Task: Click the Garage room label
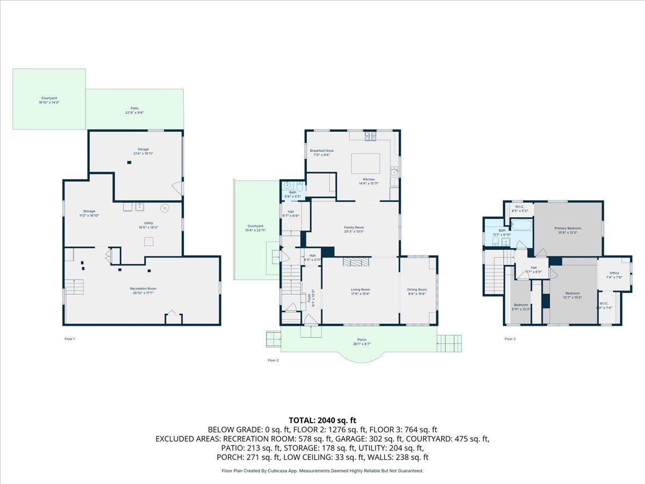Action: pos(142,149)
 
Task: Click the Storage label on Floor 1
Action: pos(89,211)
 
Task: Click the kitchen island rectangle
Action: pos(365,162)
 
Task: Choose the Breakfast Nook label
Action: pos(322,151)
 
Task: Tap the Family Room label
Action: pos(354,227)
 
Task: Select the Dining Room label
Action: pos(417,289)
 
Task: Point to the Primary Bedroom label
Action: pos(568,228)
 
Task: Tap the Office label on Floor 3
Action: pos(614,273)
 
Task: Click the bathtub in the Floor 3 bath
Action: pos(521,224)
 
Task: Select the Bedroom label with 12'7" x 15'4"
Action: pos(572,293)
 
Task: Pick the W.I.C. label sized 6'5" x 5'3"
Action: pos(520,207)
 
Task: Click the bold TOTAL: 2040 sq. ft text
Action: pos(322,420)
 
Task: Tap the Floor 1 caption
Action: pos(70,339)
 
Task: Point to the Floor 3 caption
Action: pos(510,339)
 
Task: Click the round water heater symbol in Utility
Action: pos(165,207)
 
